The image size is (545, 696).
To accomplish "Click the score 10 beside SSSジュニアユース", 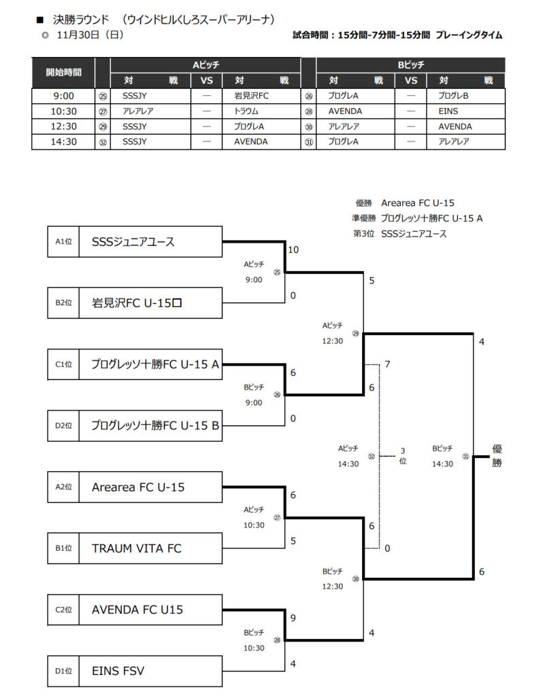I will pos(293,250).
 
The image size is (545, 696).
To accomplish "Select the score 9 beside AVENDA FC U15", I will pos(293,619).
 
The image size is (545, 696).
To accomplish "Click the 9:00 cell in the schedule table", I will pos(63,96).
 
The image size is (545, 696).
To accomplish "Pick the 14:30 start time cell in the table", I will pos(63,141).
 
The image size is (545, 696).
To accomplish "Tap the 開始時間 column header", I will pos(63,72).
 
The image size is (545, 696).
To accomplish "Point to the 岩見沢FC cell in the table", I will pos(252,96).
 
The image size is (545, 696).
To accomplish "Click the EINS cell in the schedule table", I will pos(449,111).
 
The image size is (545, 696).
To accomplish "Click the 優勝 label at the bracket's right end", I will pos(497,455).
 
